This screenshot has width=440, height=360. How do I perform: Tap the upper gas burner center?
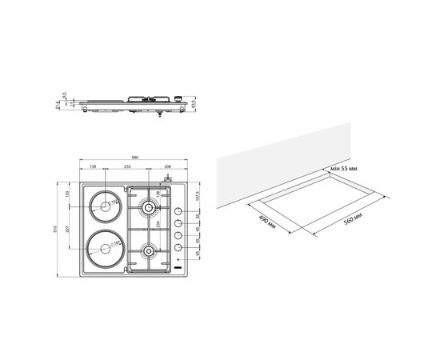pyautogui.click(x=148, y=209)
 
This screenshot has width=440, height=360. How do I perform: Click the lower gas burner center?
pyautogui.click(x=148, y=253)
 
